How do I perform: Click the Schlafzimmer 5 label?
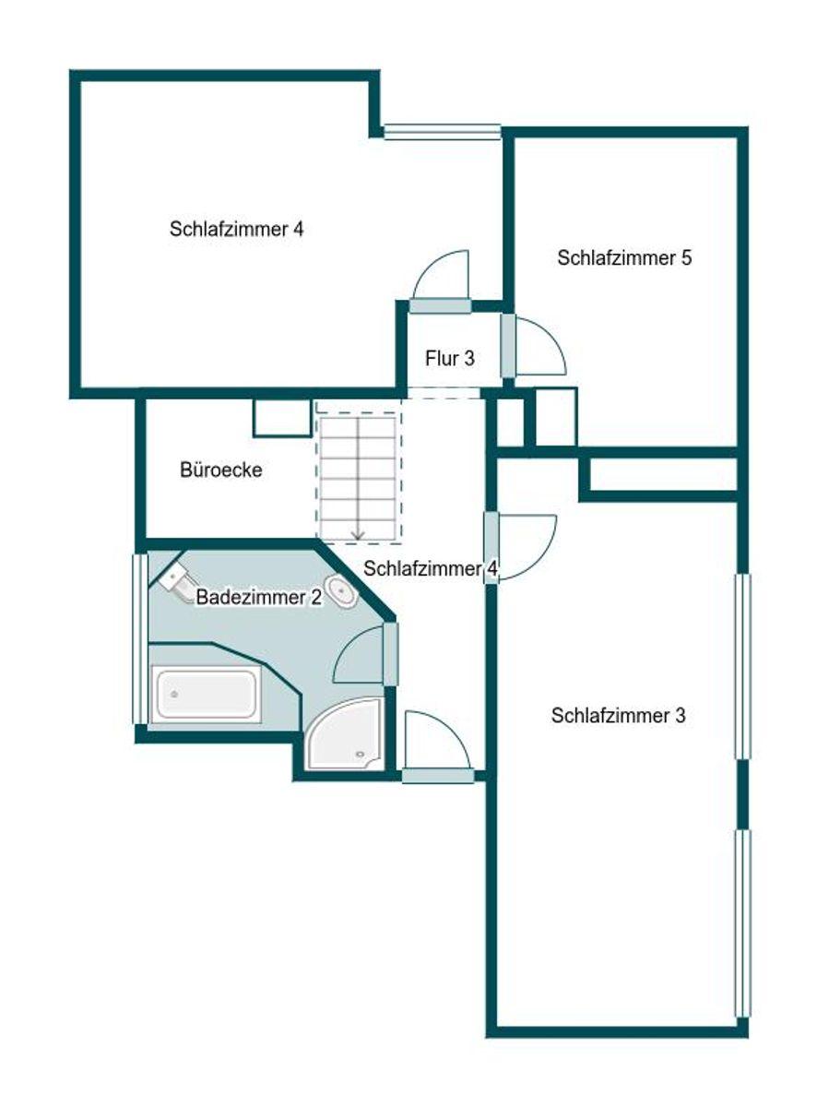(624, 258)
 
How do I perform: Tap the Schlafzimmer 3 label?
(618, 716)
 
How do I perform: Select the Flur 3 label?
(450, 358)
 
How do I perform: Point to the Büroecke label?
(221, 470)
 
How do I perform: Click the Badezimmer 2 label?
(258, 597)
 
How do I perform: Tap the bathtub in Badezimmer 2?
(207, 695)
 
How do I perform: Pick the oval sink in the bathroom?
(341, 592)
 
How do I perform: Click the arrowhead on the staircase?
(358, 536)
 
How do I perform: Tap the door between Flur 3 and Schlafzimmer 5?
(533, 345)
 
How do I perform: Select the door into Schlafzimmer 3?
(522, 547)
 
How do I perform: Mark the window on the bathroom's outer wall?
(140, 639)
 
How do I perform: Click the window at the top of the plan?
(442, 131)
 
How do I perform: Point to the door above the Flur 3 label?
(441, 282)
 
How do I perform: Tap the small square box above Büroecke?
(282, 418)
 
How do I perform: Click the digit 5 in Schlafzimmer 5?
(686, 258)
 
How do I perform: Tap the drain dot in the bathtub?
(174, 695)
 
